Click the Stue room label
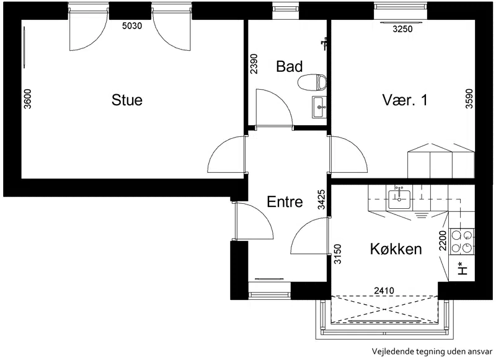coord(127,100)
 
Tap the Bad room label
coord(289,66)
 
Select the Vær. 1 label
coord(405,100)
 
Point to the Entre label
coord(285,201)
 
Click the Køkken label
coord(396,248)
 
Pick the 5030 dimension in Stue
coord(132,26)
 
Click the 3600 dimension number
coord(27,99)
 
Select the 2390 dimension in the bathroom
coord(254,64)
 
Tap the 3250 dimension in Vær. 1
coord(402,29)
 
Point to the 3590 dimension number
coord(469,99)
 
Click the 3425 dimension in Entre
coord(321,200)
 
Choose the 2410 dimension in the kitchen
coord(384,290)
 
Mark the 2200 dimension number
coord(443,240)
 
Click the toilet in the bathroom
coord(312,82)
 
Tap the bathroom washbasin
coord(319,107)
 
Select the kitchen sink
coord(399,200)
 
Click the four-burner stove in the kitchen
coord(462,241)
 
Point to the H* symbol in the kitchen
coord(463,269)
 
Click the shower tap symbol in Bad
coord(324,43)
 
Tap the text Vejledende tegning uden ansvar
coord(432,351)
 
